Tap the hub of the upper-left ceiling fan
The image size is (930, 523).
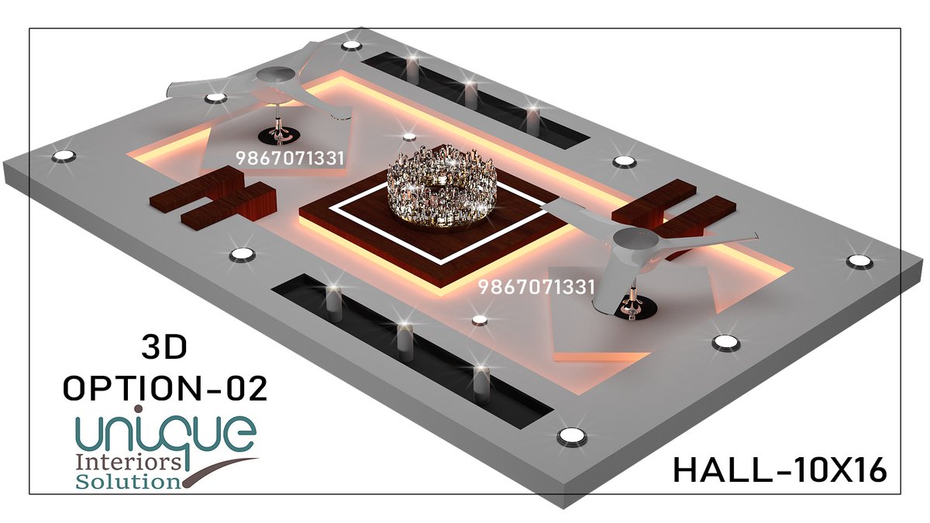[x=276, y=76]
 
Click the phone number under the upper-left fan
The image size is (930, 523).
[x=290, y=158]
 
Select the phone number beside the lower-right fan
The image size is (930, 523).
[x=536, y=287]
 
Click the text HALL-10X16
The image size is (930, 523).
[x=780, y=471]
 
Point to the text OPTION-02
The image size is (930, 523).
[x=165, y=388]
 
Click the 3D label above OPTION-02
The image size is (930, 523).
[x=164, y=347]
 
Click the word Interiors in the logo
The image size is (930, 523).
[x=129, y=463]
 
